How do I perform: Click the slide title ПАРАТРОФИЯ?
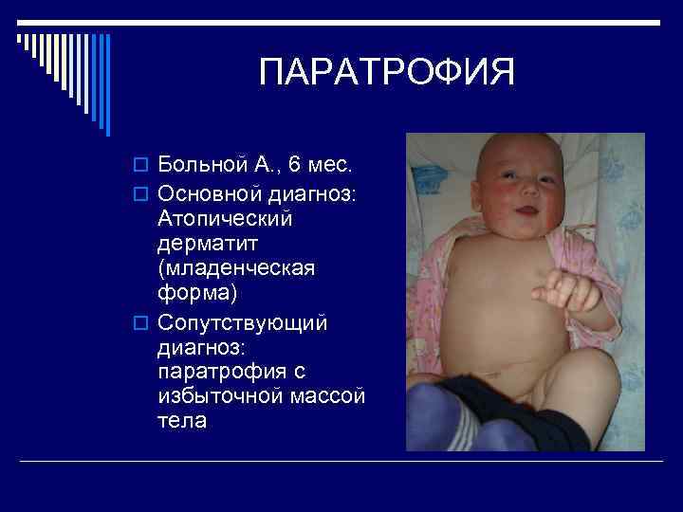click(387, 73)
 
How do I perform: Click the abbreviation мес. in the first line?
click(330, 165)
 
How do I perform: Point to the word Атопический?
click(226, 218)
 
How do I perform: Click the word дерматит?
click(208, 244)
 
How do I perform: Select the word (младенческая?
click(236, 269)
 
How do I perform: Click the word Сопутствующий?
click(243, 323)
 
